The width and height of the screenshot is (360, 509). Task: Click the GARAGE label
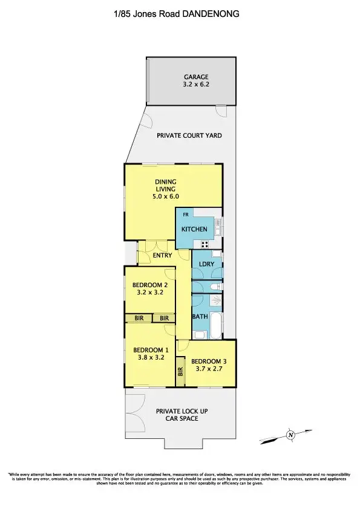pos(196,77)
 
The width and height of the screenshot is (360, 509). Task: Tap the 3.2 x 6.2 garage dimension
pos(196,85)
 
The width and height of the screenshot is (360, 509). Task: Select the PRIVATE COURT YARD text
pos(189,135)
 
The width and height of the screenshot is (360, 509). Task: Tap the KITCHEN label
pos(194,229)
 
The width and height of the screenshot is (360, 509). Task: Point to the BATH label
pos(200,316)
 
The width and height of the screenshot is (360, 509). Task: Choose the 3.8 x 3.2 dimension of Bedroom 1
pos(151,358)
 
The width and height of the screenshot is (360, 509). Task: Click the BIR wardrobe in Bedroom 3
pos(180,372)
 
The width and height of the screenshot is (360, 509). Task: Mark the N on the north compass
pos(290,434)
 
